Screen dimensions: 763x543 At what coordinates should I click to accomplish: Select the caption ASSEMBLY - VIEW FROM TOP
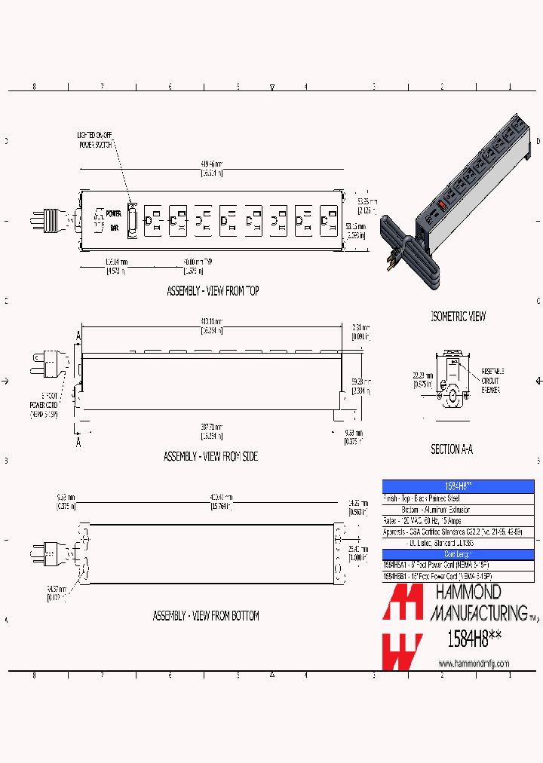pos(213,290)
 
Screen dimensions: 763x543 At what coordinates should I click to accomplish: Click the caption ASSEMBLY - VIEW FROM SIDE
pos(210,456)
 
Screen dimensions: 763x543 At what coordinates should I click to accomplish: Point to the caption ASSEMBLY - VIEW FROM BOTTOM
pos(206,616)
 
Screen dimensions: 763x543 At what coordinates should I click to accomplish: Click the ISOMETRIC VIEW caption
pos(458,317)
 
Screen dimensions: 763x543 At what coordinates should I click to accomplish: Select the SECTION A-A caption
pos(451,449)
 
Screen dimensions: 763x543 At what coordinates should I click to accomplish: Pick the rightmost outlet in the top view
pos(327,220)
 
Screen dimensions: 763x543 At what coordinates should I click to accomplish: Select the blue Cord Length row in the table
pos(458,554)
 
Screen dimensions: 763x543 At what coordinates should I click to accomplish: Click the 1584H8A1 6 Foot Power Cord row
pos(437,565)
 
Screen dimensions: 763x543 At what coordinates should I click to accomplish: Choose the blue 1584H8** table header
pos(458,486)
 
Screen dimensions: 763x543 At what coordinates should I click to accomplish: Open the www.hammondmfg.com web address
pos(474,663)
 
